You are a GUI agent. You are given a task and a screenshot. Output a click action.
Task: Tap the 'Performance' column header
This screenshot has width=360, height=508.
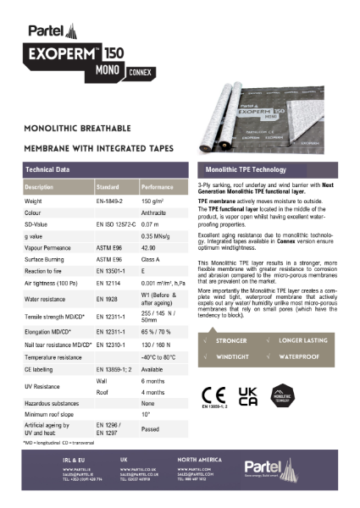(158, 185)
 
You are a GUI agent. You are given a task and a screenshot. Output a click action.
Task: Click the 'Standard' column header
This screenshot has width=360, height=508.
(108, 185)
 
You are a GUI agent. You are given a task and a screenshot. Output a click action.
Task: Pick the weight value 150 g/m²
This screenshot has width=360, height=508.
(152, 202)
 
